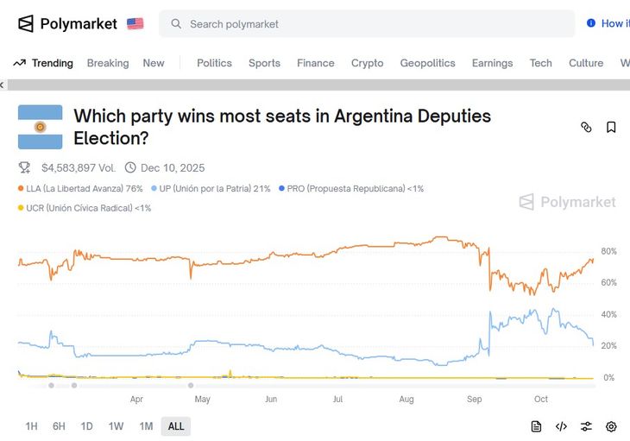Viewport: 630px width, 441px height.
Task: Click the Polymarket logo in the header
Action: tap(67, 23)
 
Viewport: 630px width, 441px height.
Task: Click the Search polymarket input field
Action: tap(367, 24)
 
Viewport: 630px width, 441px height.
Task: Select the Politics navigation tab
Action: tap(214, 63)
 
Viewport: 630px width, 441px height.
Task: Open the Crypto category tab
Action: tap(367, 63)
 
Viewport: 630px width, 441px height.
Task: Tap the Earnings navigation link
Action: tap(492, 63)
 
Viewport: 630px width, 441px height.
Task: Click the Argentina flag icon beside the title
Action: tap(41, 127)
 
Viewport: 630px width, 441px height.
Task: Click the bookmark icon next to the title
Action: tap(611, 127)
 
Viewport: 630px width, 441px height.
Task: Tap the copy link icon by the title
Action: tap(586, 127)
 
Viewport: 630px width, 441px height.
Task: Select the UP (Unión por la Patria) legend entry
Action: tap(211, 188)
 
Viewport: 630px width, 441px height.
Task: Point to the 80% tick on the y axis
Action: tap(608, 251)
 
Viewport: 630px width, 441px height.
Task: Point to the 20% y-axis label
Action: tap(608, 346)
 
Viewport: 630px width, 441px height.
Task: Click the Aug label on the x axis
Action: tap(406, 400)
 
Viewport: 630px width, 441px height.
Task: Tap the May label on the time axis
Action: tap(202, 400)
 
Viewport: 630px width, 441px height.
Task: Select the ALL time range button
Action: tap(176, 426)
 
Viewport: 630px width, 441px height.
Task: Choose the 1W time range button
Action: tap(116, 426)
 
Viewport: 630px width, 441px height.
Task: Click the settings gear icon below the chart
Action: tap(611, 426)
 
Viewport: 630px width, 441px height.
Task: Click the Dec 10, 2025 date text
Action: tap(173, 167)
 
